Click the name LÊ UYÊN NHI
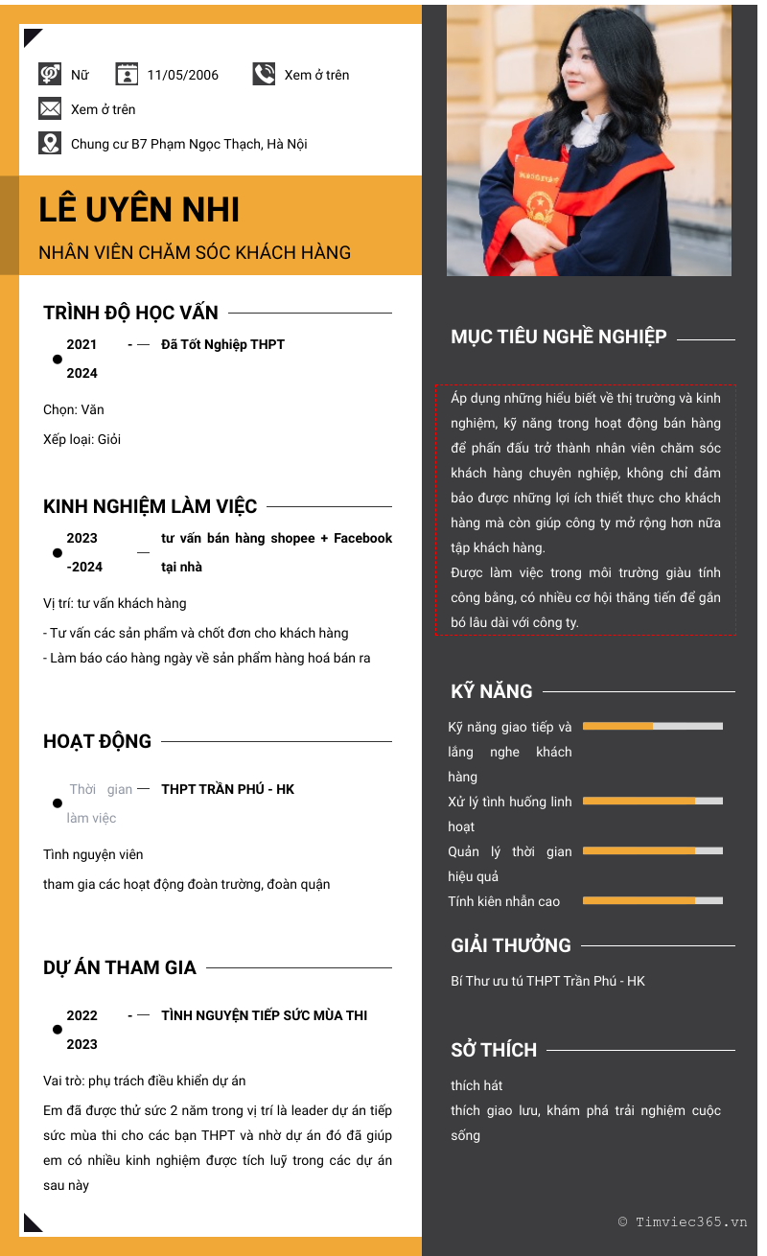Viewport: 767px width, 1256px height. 139,210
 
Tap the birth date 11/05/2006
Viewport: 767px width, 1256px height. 182,75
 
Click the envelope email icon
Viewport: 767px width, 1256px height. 50,109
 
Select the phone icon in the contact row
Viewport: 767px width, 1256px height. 264,74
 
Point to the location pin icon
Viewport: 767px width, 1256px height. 50,144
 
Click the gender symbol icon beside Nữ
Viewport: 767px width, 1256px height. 50,74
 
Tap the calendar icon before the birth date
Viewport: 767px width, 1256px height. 127,74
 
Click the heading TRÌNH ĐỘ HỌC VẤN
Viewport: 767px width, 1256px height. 130,313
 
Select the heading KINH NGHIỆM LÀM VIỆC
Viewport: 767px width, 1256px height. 150,506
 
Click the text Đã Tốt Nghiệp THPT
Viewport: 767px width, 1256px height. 222,344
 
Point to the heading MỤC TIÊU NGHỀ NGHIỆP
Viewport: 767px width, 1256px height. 558,337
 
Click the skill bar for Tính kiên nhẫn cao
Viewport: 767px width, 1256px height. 652,900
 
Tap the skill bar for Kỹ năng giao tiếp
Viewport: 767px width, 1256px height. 652,726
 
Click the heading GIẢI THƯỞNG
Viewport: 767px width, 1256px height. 510,945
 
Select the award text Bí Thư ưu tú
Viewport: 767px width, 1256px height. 547,981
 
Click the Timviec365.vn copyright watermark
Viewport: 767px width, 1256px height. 682,1221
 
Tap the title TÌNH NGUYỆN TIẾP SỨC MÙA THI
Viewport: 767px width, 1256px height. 264,1015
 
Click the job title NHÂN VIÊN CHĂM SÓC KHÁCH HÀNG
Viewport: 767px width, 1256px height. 195,253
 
